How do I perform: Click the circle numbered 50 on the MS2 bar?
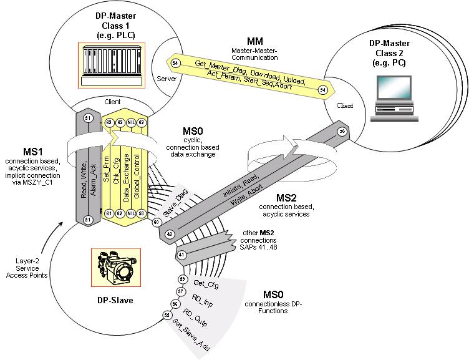click(341, 132)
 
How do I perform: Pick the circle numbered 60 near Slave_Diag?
click(156, 221)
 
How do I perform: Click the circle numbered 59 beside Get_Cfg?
click(182, 278)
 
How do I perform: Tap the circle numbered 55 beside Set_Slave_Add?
click(167, 316)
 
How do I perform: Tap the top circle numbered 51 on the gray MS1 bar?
click(87, 119)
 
